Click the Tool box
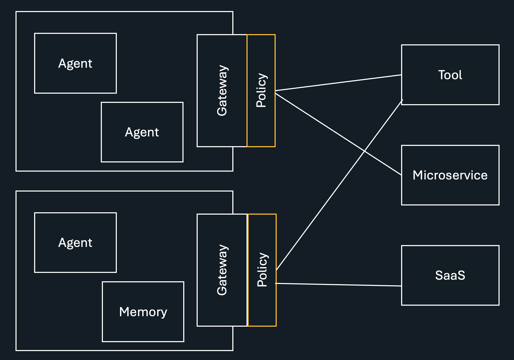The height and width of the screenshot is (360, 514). click(x=450, y=89)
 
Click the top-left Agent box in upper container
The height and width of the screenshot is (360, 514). click(x=75, y=79)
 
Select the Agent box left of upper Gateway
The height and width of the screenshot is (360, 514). click(x=142, y=147)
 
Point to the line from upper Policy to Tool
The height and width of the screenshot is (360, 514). click(x=338, y=83)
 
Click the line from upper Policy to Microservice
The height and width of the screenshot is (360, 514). click(x=315, y=119)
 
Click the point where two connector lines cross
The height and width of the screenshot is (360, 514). click(x=364, y=151)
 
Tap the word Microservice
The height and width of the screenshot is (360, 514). click(x=450, y=175)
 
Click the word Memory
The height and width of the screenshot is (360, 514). click(x=143, y=312)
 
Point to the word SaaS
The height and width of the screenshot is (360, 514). click(x=450, y=275)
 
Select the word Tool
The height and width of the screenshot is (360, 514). click(x=450, y=75)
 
